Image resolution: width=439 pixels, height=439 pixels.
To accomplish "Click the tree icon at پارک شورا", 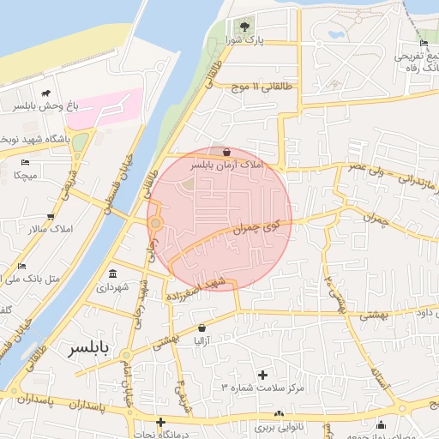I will click(247, 27).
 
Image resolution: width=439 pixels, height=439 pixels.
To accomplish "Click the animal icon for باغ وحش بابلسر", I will click(45, 93).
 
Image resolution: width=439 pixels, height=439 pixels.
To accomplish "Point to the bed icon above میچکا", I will click(26, 162).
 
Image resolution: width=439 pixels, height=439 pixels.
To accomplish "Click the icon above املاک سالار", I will click(51, 217).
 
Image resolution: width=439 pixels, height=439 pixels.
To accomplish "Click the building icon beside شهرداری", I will click(112, 274).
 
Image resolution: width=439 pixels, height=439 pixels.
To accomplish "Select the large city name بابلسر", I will click(88, 349).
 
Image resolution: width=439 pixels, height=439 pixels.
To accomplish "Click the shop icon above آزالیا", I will click(201, 328).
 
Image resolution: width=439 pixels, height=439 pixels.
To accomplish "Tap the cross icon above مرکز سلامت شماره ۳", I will click(262, 375).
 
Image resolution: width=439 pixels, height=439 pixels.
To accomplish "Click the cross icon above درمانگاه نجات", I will click(161, 422).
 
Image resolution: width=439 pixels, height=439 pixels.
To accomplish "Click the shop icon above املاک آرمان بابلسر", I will click(226, 151).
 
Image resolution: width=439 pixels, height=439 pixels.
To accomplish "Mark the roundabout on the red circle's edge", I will click(155, 224).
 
